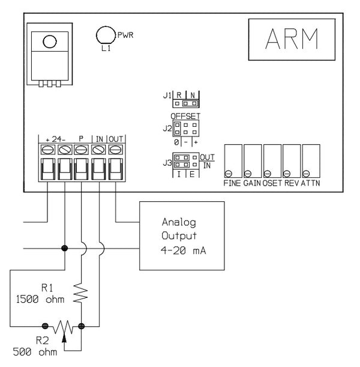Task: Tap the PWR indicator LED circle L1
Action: [106, 35]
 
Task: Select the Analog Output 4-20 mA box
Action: [182, 236]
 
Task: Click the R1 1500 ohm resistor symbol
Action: [81, 294]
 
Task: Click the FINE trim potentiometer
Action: [232, 160]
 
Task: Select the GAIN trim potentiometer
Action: [252, 160]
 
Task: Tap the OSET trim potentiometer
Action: [272, 160]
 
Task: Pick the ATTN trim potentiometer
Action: [311, 160]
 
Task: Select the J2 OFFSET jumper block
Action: [185, 128]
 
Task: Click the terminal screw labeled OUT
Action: [115, 148]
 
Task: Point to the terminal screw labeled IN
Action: [98, 148]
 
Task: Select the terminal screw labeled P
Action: [82, 148]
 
